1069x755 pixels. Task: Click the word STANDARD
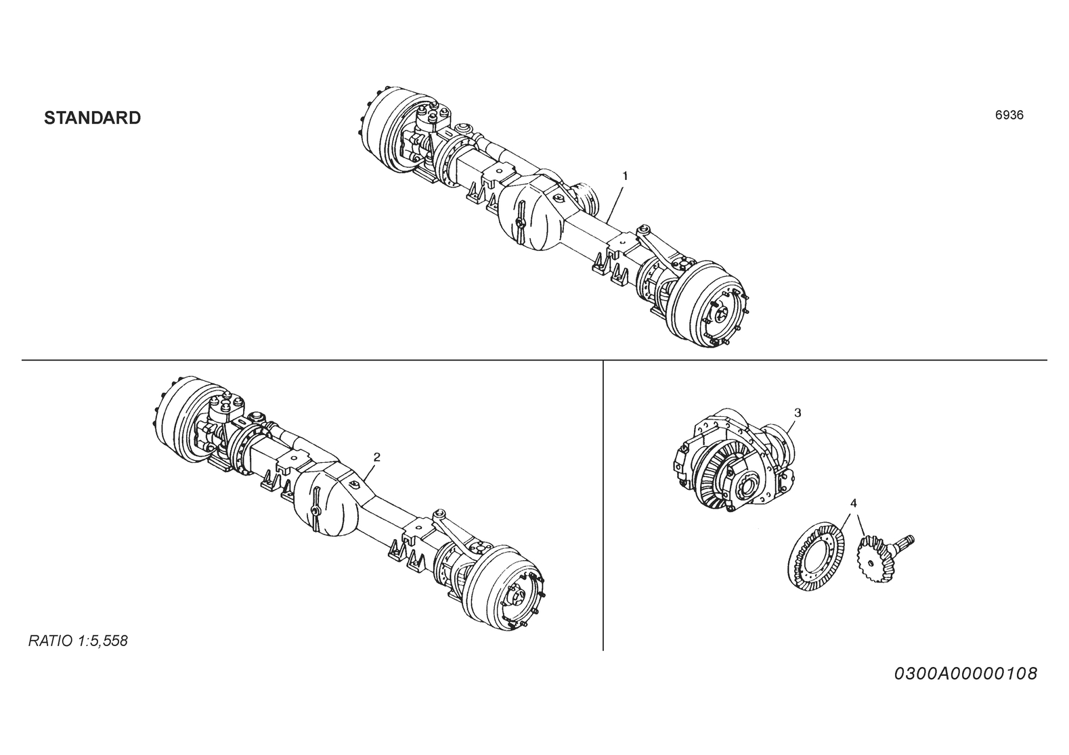(93, 118)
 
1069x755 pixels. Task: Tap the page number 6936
(1009, 116)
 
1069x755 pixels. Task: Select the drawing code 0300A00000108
(965, 674)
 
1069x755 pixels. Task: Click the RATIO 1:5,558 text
(78, 641)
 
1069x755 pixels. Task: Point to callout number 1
(625, 176)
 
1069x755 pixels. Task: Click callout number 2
(376, 457)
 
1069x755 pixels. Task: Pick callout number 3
(797, 413)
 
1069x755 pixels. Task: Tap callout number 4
(853, 503)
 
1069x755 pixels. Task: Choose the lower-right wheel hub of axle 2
(505, 589)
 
